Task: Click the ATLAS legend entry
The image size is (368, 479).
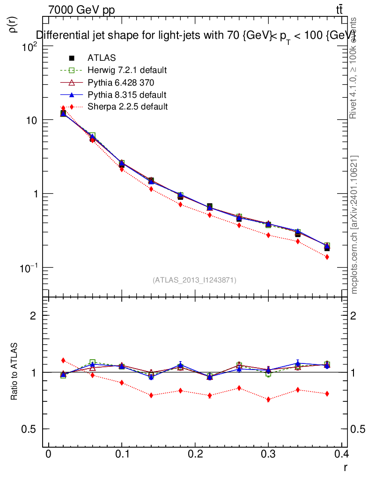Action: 102,58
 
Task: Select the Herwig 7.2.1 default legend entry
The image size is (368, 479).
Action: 127,70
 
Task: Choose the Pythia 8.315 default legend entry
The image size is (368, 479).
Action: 127,94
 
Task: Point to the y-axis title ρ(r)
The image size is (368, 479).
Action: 14,24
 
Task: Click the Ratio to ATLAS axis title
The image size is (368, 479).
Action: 14,372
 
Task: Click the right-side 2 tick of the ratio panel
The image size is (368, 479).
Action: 355,316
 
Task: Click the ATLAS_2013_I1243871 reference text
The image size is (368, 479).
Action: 194,280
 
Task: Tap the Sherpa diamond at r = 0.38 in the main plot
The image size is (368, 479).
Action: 327,257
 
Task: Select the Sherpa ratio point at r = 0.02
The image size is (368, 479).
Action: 63,360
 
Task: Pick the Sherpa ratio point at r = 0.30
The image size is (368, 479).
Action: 268,399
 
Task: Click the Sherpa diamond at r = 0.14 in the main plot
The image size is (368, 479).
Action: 151,189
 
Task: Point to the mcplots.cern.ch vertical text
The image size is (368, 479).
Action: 354,225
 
